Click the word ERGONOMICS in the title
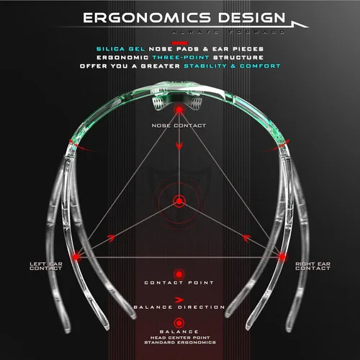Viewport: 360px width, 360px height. point(147,18)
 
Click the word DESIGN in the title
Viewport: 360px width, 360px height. point(252,18)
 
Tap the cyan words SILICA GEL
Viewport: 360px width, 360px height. point(120,49)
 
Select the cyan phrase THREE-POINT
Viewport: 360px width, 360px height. point(181,58)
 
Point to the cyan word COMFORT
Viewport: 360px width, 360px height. point(260,66)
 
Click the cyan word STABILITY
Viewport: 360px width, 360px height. point(205,66)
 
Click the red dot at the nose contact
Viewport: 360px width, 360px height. point(179,110)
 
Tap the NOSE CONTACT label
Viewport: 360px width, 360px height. point(179,125)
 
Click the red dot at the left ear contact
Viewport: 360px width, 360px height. point(76,257)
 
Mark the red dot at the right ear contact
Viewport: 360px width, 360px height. point(282,257)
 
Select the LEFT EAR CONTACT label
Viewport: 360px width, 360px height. point(46,266)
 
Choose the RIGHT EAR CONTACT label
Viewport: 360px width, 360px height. point(312,266)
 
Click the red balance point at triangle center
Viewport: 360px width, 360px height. point(179,201)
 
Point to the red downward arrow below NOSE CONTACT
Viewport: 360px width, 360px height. point(179,145)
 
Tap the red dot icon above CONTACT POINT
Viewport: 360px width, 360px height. point(179,274)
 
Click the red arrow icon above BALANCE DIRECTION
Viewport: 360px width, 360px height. point(179,300)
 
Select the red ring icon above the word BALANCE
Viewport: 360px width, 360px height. point(179,323)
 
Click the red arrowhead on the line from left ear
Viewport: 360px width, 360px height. point(111,238)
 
